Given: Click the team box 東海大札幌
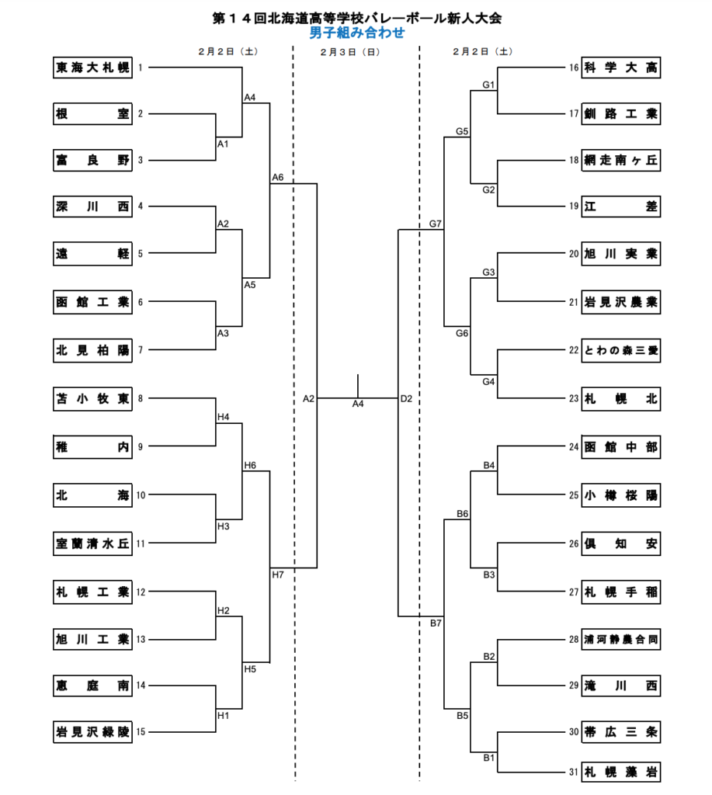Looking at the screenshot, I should click(x=92, y=68).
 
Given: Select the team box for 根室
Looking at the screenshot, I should click(x=92, y=114).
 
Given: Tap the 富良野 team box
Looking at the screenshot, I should click(x=92, y=161).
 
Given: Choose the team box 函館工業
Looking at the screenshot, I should click(x=92, y=302).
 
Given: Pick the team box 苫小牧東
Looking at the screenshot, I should click(x=92, y=399).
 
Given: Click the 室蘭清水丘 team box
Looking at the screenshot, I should click(x=92, y=543).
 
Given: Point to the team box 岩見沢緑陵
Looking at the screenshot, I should click(x=92, y=731).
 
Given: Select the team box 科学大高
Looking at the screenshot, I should click(x=620, y=68).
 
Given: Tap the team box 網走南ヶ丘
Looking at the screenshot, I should click(x=620, y=161).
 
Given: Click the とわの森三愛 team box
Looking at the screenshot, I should click(x=620, y=351).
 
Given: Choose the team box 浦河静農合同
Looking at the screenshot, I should click(x=620, y=640).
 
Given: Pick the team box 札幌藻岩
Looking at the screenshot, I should click(x=620, y=771).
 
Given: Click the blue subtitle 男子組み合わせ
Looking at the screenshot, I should click(x=356, y=33).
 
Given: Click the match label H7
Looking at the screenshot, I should click(x=278, y=575).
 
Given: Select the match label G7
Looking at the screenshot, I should click(x=435, y=224).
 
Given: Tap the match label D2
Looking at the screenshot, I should click(x=406, y=399).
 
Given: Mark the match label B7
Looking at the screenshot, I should click(x=435, y=623).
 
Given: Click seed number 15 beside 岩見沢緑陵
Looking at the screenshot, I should click(x=141, y=731).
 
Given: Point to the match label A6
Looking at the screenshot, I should click(x=278, y=178).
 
